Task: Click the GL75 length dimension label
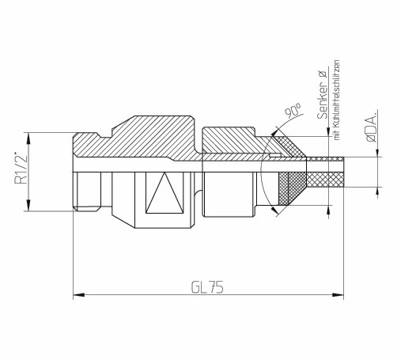pyautogui.click(x=207, y=287)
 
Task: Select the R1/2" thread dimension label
pyautogui.click(x=21, y=168)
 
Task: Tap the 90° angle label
pyautogui.click(x=293, y=110)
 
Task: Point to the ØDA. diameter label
pyautogui.click(x=372, y=127)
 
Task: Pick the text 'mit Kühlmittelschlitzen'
pyautogui.click(x=337, y=100)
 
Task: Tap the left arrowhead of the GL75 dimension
pyautogui.click(x=78, y=294)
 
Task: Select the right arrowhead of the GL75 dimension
pyautogui.click(x=338, y=294)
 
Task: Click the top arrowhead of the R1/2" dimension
pyautogui.click(x=28, y=138)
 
